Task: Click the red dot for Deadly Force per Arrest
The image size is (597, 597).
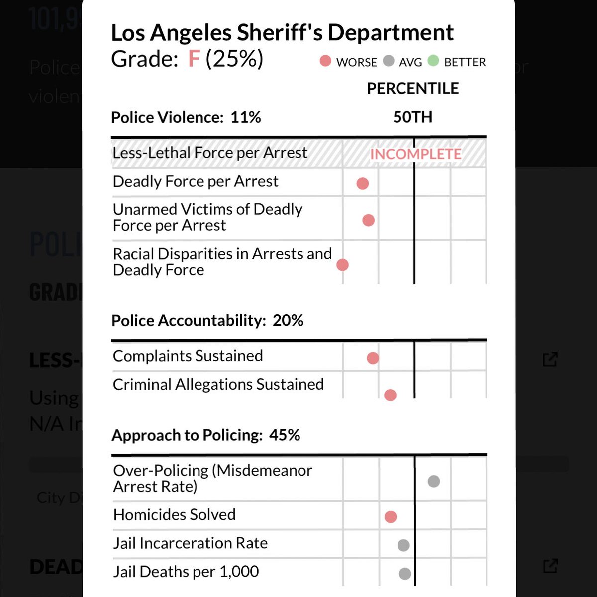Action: [x=363, y=183]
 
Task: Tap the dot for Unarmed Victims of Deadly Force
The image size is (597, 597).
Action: [x=368, y=220]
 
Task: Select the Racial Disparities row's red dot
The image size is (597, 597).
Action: [x=342, y=264]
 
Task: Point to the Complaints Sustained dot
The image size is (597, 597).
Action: [x=373, y=358]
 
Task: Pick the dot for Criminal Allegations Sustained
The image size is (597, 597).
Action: [x=390, y=395]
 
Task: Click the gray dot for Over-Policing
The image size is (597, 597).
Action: [x=434, y=481]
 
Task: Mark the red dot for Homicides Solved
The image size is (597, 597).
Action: [x=391, y=517]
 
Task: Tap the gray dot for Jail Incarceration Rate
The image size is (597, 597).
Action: [x=403, y=545]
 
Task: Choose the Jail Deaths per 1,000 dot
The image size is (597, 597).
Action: [x=405, y=574]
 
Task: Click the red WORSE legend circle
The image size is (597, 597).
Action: [x=325, y=61]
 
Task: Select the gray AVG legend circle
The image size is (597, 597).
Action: [x=389, y=61]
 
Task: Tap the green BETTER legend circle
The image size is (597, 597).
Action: [x=433, y=61]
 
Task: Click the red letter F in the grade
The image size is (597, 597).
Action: [x=194, y=59]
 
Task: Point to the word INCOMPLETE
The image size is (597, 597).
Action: [x=415, y=154]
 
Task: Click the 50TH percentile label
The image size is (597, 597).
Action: [x=412, y=117]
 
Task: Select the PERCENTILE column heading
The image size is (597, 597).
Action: [x=412, y=89]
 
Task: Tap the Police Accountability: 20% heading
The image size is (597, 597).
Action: [x=207, y=321]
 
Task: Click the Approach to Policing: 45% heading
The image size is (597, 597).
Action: [x=206, y=435]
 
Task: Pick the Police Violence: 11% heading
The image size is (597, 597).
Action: [x=186, y=117]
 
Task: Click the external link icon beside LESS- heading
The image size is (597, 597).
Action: [x=550, y=359]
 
